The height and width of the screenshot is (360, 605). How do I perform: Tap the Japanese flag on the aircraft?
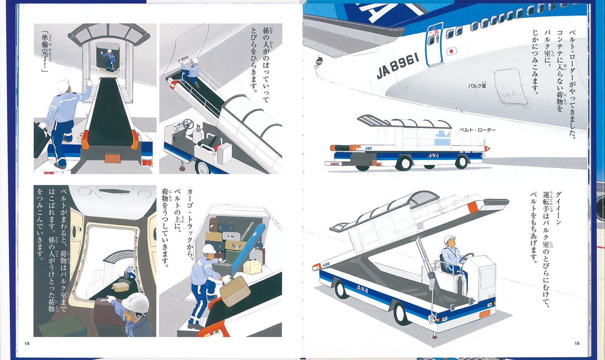tap(451, 51)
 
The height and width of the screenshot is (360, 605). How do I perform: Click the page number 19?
tap(27, 343)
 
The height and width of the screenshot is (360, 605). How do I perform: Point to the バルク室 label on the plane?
tap(477, 85)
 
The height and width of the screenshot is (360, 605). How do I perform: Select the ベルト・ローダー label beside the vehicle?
tap(477, 130)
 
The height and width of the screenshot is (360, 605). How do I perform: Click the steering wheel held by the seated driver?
tap(466, 258)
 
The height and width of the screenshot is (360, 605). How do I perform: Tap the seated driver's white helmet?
tap(450, 239)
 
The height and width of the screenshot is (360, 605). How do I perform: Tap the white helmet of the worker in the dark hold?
tap(135, 302)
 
